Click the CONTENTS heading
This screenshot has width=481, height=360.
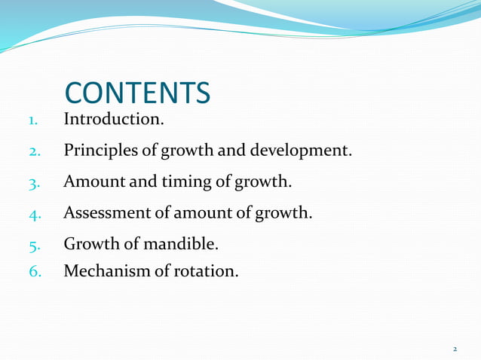coord(138,93)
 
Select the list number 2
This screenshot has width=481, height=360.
coord(34,151)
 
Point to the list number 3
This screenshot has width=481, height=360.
coord(34,183)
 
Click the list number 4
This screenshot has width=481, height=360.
coord(34,214)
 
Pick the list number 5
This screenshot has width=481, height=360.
coord(34,246)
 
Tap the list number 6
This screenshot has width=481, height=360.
coord(34,270)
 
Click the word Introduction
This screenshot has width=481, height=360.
coord(112,119)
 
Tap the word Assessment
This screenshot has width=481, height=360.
coord(109,213)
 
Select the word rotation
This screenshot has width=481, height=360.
coord(205,270)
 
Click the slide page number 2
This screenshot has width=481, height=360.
coord(455,349)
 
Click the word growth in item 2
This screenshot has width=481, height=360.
coord(188,151)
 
